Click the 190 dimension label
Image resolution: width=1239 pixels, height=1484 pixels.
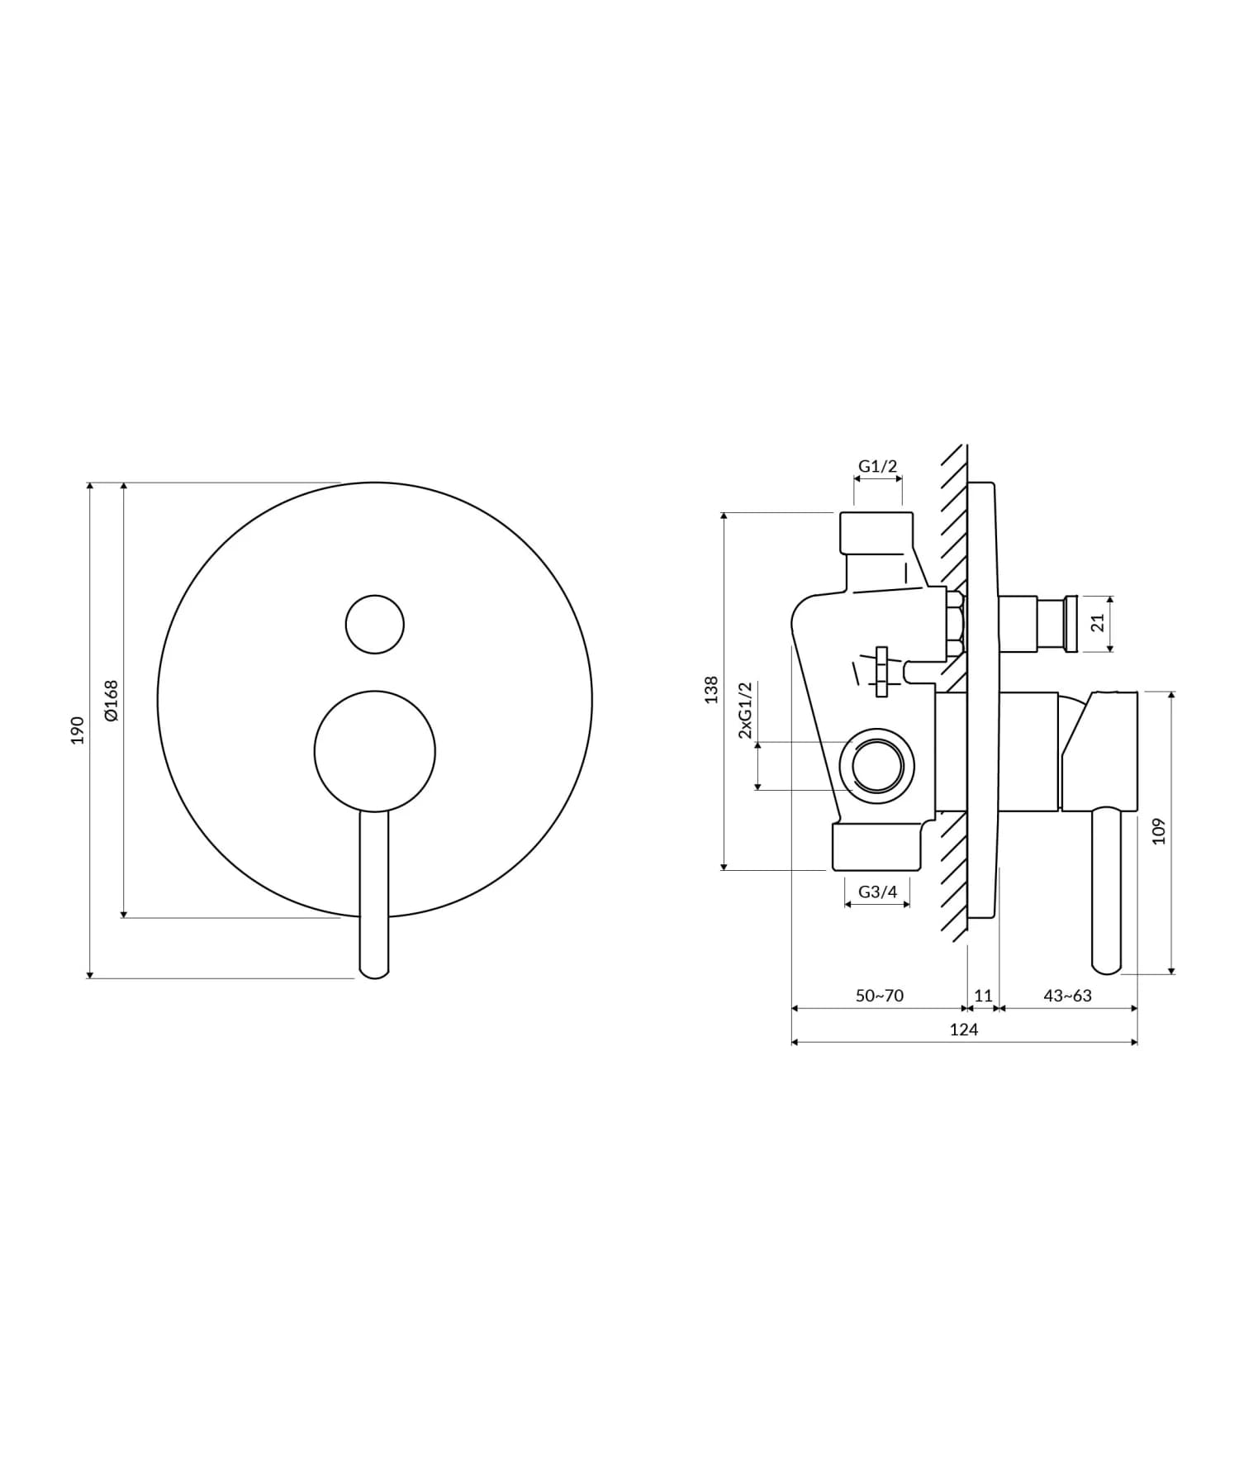tap(78, 730)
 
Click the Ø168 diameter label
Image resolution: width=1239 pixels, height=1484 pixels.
tap(112, 700)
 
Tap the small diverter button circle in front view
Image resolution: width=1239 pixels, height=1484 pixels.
tap(375, 624)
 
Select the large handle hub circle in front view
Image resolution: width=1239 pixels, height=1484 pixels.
tap(375, 751)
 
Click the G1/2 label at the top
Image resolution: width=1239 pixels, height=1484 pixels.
tap(877, 466)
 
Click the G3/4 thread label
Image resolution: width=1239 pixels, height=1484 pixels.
tap(877, 892)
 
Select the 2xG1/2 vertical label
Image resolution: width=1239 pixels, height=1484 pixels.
tap(745, 711)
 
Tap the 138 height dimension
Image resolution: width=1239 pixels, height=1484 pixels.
tap(711, 690)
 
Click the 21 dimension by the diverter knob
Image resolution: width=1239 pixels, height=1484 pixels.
tap(1098, 623)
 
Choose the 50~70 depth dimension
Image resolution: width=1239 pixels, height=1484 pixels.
tap(879, 996)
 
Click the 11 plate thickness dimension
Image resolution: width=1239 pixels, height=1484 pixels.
tap(983, 996)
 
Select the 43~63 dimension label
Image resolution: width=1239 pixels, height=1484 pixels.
tap(1067, 996)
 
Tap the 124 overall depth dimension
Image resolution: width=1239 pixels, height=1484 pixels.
tap(964, 1030)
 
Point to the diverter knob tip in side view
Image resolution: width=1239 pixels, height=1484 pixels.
tap(1070, 624)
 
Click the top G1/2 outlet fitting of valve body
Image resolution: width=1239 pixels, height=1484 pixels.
tap(876, 533)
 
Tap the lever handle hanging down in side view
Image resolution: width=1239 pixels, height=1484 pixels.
tap(1106, 892)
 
